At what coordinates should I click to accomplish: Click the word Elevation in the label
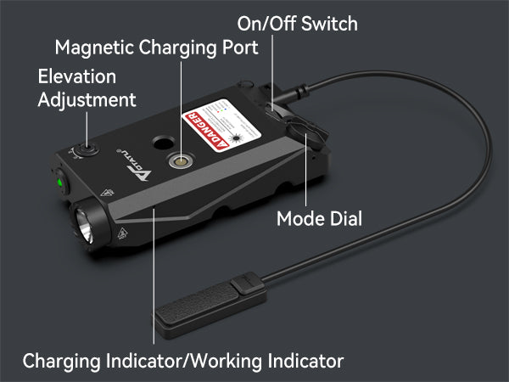(x=76, y=77)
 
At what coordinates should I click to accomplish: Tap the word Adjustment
(x=87, y=100)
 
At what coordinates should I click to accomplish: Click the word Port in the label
(x=240, y=48)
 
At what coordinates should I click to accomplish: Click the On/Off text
(x=264, y=24)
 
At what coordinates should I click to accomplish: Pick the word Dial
(x=344, y=220)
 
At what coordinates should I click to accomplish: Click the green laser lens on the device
(x=61, y=181)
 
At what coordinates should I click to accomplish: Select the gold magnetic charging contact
(x=181, y=160)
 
